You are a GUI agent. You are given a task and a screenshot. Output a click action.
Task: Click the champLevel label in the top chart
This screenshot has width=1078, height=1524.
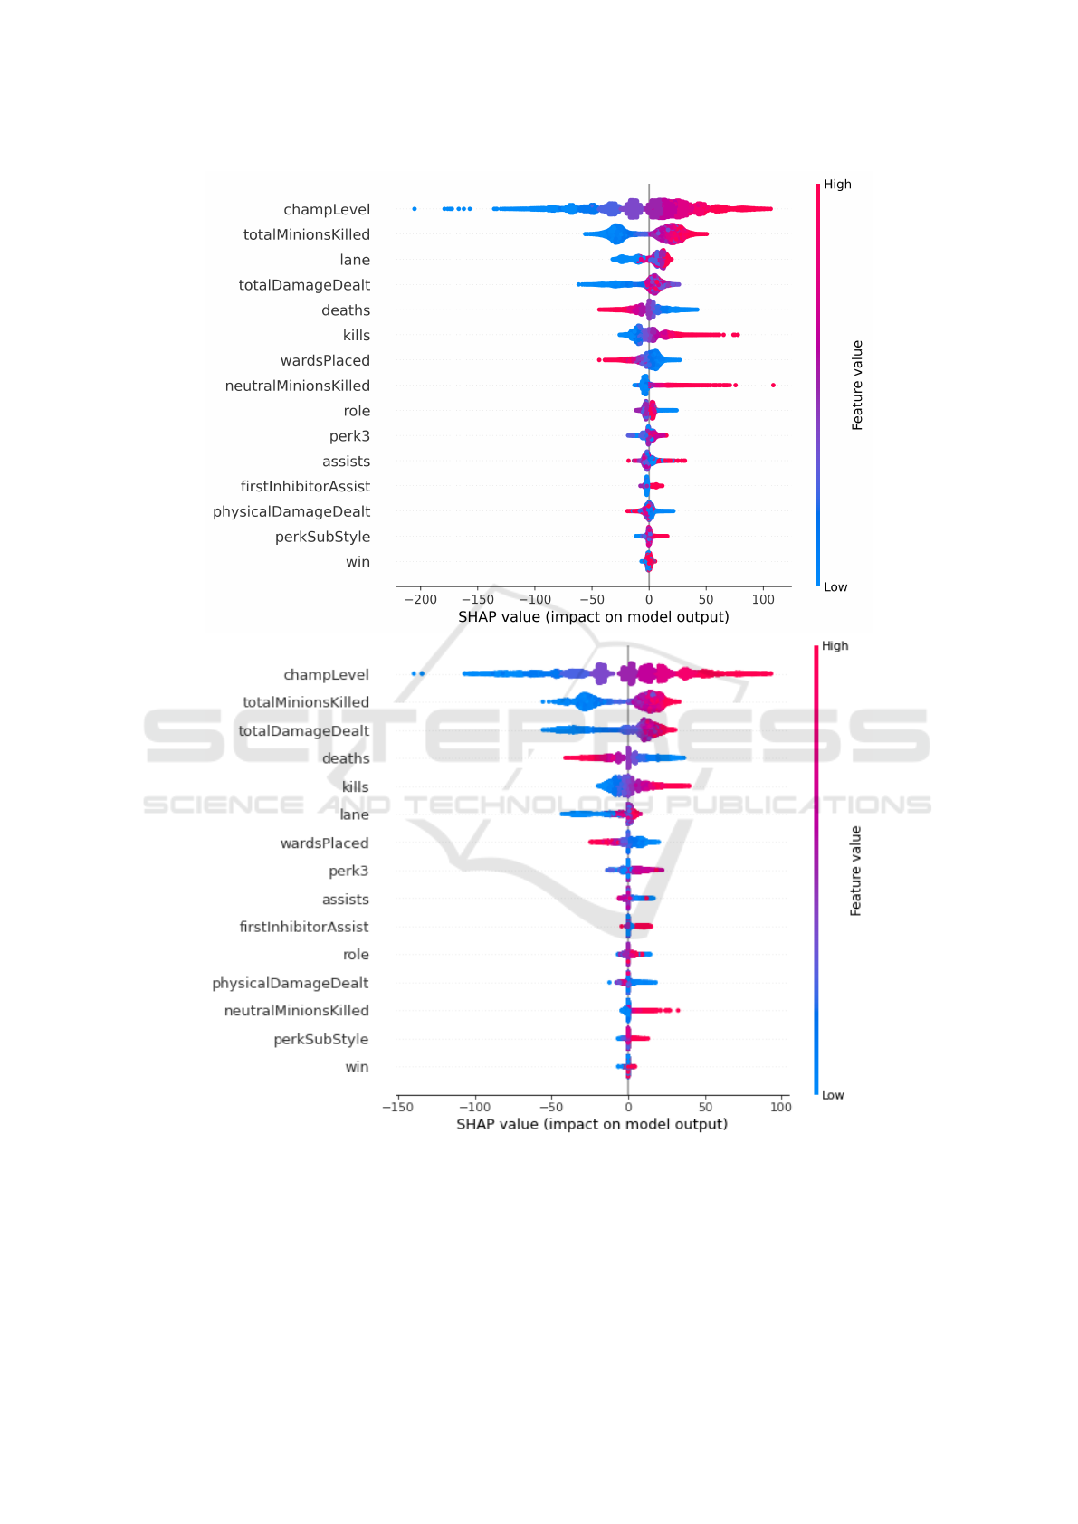(x=327, y=210)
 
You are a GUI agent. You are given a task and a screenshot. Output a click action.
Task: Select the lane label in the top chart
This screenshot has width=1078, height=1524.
(x=355, y=261)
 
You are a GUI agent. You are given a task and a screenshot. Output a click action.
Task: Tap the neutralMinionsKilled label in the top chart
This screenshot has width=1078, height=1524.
(x=298, y=386)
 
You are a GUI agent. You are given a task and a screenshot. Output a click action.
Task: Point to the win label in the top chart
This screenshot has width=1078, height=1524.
(x=358, y=563)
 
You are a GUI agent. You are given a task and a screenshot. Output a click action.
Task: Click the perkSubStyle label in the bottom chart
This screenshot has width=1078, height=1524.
(x=321, y=1040)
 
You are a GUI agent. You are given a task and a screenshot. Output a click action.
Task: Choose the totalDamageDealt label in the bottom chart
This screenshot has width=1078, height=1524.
(x=304, y=731)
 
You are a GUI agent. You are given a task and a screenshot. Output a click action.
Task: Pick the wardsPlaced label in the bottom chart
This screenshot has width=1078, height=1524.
(x=324, y=843)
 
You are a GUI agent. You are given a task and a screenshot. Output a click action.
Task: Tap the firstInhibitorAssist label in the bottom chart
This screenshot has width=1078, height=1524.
(x=304, y=928)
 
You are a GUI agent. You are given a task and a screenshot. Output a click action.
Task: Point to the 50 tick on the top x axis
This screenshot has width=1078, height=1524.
(x=706, y=599)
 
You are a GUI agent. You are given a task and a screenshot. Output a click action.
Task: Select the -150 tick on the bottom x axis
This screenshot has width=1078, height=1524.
(x=397, y=1107)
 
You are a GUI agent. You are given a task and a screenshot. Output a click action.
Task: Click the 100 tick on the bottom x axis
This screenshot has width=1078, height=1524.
(x=780, y=1107)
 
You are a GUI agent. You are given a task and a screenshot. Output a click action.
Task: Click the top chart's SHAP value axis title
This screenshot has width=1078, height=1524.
(x=593, y=617)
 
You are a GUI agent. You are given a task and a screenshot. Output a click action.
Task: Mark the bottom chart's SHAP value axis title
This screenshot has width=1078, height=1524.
(x=592, y=1124)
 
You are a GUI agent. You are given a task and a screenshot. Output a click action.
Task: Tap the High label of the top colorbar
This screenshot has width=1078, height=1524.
(x=837, y=185)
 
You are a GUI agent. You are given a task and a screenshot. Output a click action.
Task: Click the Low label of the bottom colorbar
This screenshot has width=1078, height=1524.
(x=833, y=1095)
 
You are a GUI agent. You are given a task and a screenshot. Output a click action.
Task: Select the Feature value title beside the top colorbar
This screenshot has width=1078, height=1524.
(x=857, y=386)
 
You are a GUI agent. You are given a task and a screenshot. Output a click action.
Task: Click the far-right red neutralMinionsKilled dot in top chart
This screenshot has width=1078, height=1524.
(x=773, y=386)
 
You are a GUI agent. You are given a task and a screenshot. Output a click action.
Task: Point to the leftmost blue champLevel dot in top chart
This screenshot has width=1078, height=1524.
(x=415, y=209)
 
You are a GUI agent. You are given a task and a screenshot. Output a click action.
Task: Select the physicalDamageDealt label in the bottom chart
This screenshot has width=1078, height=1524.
(x=291, y=984)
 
